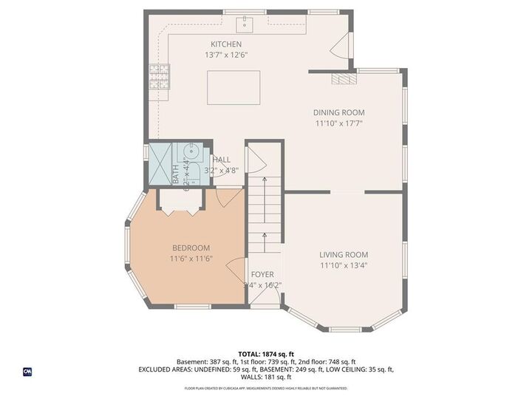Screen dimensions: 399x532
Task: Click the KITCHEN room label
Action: pos(225,44)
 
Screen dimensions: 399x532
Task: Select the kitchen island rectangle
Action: pos(233,87)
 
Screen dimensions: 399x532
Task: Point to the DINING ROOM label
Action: pos(339,112)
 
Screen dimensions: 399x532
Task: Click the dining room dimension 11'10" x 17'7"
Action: pos(339,123)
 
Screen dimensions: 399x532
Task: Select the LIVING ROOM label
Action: pos(344,254)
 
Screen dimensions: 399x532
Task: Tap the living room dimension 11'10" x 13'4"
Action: pos(344,265)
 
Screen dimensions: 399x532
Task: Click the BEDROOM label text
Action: pos(191,248)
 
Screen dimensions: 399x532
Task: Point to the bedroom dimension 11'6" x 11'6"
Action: pos(191,259)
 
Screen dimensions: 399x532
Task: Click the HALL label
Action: pos(221,159)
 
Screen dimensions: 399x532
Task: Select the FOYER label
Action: pos(262,274)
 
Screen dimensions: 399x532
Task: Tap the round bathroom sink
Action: pos(192,153)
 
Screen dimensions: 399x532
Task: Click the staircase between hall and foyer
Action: pos(265,214)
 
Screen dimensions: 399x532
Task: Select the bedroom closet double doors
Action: pos(179,203)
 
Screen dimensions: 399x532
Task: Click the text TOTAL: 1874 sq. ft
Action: pos(265,353)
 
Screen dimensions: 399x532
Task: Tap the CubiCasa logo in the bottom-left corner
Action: pos(27,371)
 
